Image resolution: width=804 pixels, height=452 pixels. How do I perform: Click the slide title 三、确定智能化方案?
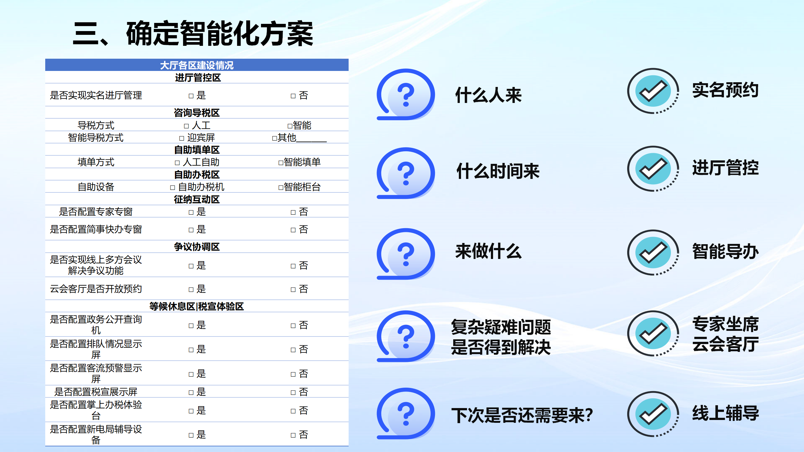coord(193,34)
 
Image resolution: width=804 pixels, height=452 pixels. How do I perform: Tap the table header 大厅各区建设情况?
coord(197,65)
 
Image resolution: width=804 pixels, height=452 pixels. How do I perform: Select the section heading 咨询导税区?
coord(197,113)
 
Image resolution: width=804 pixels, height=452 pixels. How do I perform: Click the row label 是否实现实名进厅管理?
coord(96,95)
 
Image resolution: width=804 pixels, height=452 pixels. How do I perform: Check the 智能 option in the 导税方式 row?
coord(299,125)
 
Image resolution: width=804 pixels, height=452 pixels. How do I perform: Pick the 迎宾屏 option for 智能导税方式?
coord(197,137)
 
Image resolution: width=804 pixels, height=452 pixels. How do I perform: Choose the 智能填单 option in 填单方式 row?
coord(299,162)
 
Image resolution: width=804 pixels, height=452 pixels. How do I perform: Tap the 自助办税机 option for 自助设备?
coord(197,187)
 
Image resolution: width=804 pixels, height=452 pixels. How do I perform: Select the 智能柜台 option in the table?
coord(299,187)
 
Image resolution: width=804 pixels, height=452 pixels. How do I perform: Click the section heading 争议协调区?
coord(197,247)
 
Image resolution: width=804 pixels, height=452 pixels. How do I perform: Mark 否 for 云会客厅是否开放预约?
coord(299,289)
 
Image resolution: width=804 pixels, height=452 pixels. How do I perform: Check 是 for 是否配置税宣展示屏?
coord(197,392)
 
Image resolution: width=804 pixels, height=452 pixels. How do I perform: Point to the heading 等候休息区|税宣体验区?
coord(197,306)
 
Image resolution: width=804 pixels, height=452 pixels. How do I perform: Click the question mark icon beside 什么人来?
coord(406,94)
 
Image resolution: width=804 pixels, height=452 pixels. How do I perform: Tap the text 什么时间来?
coord(498,171)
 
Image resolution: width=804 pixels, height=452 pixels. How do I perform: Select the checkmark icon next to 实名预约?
coord(653,91)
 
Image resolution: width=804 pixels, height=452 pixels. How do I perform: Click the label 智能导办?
coord(725,251)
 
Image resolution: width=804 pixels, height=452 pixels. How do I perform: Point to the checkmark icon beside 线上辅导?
coord(653,414)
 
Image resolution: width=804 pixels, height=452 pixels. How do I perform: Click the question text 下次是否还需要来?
coord(522,415)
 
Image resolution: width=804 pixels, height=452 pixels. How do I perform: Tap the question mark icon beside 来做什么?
coord(406,254)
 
